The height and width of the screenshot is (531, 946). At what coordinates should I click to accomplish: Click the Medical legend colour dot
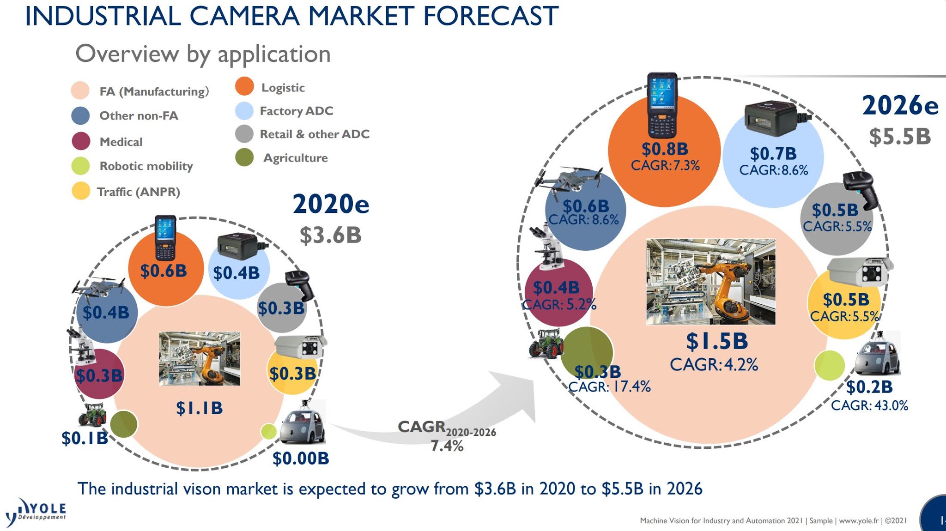[x=81, y=141]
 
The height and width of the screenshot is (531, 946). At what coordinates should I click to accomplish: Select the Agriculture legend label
[x=295, y=158]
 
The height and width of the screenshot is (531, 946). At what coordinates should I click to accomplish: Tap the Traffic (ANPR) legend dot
[x=81, y=191]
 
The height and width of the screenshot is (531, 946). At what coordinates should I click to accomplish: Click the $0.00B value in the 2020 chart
[x=301, y=459]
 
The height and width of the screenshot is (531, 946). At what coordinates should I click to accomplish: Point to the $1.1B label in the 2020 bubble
[x=199, y=408]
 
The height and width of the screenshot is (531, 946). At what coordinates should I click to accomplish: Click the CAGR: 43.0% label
[x=869, y=405]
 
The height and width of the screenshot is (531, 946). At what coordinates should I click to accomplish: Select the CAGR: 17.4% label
[x=609, y=386]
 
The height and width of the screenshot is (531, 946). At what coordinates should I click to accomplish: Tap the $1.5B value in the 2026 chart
[x=716, y=342]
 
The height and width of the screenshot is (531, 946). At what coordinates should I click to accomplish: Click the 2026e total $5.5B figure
[x=900, y=137]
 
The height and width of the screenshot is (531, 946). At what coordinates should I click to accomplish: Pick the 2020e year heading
[x=331, y=204]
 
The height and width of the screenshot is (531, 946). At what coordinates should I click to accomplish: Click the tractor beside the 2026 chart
[x=546, y=344]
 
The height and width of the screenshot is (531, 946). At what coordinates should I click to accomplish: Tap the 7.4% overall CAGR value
[x=447, y=446]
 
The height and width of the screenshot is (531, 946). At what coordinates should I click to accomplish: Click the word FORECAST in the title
[x=491, y=16]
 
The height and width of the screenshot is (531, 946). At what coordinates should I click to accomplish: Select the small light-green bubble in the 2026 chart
[x=829, y=365]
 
